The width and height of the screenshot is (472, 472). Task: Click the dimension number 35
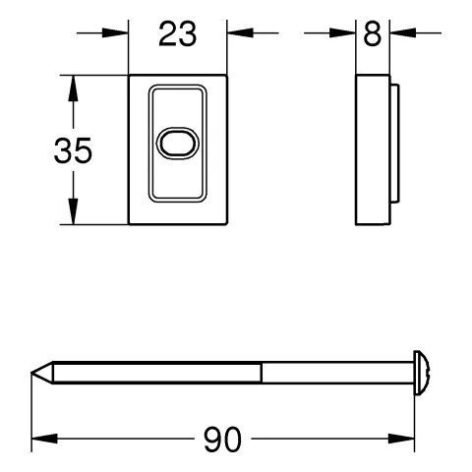click(73, 150)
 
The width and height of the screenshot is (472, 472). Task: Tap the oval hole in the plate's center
click(178, 143)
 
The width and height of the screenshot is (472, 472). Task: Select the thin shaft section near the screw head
click(334, 373)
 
